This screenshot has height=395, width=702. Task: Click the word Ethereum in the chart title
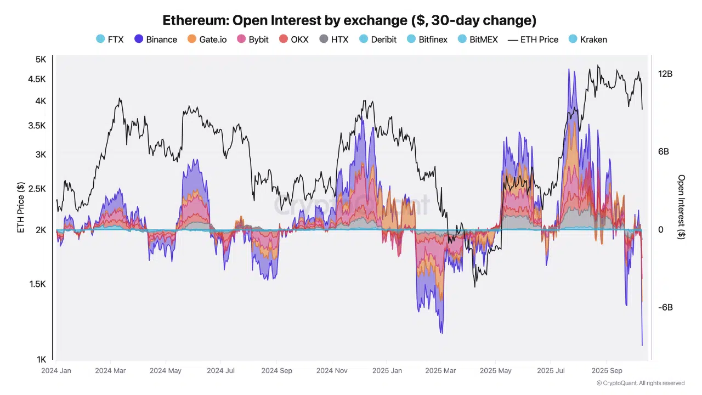[x=195, y=21]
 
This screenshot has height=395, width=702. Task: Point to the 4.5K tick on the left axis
[x=37, y=79]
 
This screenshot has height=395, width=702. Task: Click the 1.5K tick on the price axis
[x=37, y=284]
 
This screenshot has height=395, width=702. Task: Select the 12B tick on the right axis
[x=665, y=74]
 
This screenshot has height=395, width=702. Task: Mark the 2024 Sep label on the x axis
[x=276, y=371]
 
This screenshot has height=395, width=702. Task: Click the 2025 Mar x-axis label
[x=441, y=371]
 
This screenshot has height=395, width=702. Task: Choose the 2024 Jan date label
[x=56, y=371]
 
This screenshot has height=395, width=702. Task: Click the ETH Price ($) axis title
[x=21, y=207]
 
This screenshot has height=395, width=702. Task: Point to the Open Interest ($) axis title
[x=681, y=207]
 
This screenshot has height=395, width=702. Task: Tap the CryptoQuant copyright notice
[x=641, y=383]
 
